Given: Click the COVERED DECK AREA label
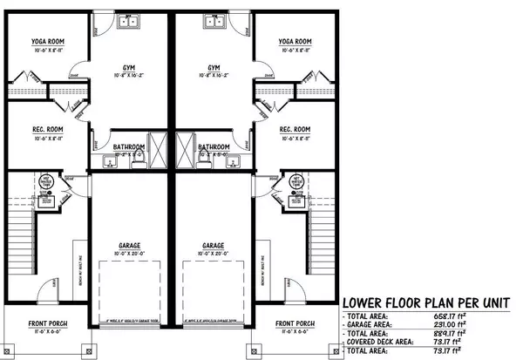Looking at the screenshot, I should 380,343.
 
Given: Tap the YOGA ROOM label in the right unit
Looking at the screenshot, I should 295,41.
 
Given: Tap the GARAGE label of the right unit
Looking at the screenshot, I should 214,245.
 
